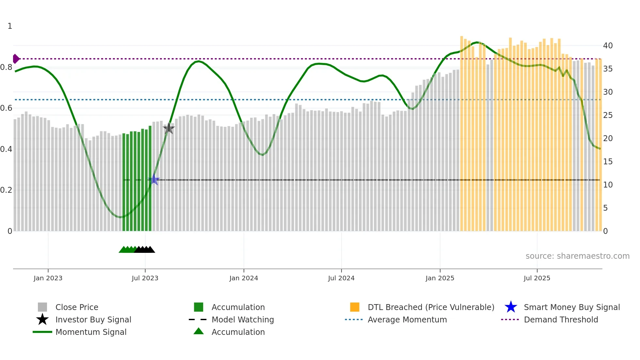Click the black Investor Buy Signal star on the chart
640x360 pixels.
[169, 128]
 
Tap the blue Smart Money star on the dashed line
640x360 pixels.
[154, 180]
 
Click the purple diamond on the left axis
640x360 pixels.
[16, 59]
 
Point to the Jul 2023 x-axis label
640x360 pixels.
[145, 278]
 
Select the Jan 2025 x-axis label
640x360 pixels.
[440, 278]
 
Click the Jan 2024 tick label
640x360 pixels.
[244, 278]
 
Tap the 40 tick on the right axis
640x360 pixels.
[608, 46]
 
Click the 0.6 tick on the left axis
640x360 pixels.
[6, 108]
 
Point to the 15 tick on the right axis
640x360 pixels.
[608, 162]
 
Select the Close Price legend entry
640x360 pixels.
[77, 307]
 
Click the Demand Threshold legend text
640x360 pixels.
[561, 319]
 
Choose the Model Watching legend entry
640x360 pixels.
[243, 319]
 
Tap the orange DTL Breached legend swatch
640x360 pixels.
[355, 307]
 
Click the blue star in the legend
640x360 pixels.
[511, 307]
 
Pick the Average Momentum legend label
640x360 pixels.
[407, 319]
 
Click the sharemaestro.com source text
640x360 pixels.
[577, 256]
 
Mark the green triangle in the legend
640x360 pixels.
[199, 331]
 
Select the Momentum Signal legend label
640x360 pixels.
[91, 332]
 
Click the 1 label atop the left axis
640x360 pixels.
[10, 26]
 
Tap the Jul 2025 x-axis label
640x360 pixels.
[537, 278]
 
